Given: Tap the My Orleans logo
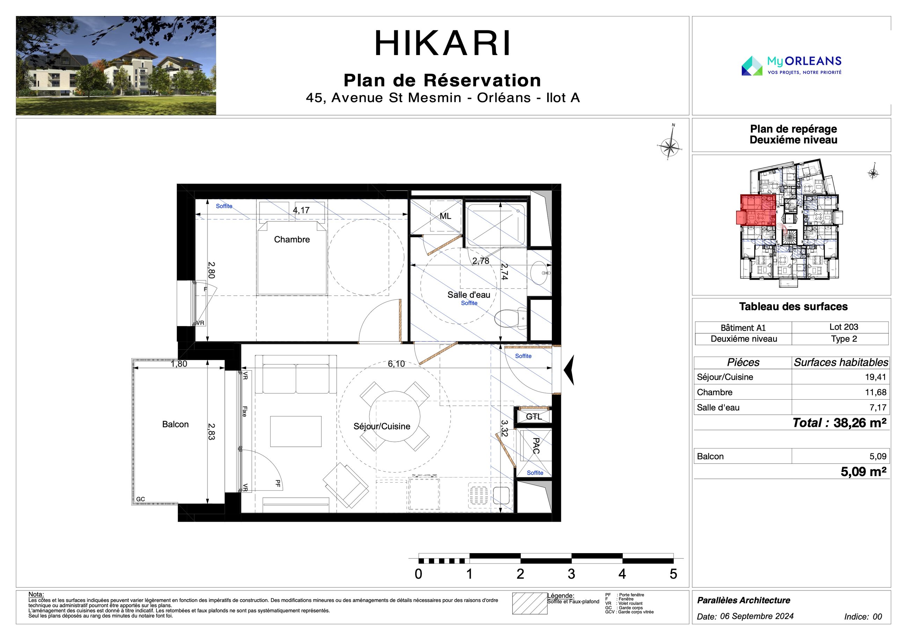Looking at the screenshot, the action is coord(791,66).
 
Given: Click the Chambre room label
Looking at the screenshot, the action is coord(292,239).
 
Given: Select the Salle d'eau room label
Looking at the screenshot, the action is coord(469,295).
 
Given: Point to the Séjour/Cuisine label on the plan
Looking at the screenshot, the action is coord(382,426).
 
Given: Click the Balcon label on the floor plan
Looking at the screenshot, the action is coord(175,424).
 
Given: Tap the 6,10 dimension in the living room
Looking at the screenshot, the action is coord(396,364).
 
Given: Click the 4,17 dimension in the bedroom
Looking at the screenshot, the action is coord(301,210).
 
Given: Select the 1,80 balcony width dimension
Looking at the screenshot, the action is coord(179,364).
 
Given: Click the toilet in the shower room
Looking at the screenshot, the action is coord(511,318).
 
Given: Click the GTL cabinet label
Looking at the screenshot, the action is coord(534,417).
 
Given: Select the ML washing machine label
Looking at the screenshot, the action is coord(445,216).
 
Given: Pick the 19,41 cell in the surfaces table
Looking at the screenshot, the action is coord(875,377).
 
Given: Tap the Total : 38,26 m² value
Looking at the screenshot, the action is coord(839,423).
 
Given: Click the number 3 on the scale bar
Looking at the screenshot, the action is coord(571,574).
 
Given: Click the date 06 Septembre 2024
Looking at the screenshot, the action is coord(756,616).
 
